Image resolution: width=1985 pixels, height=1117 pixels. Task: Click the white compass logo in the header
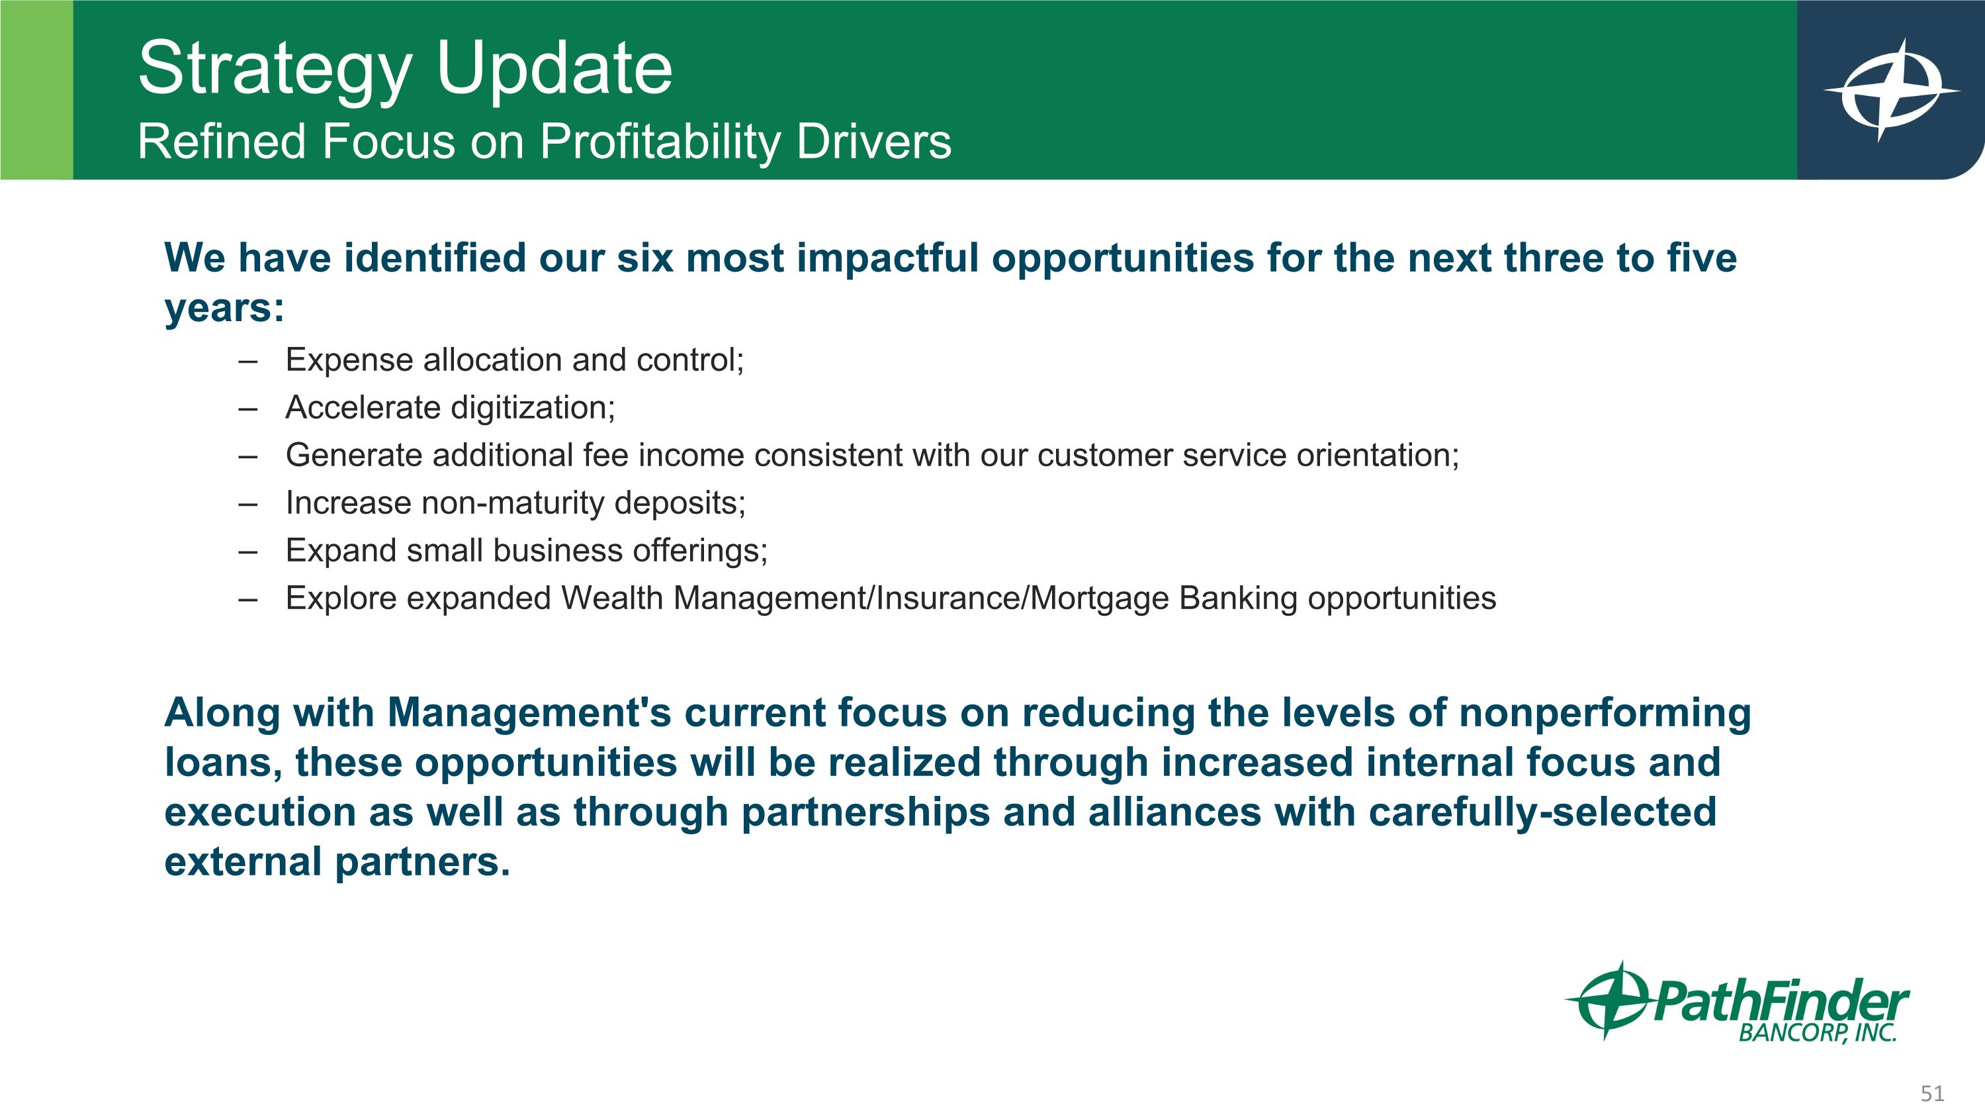coord(1892,90)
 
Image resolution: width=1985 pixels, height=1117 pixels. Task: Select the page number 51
coord(1932,1093)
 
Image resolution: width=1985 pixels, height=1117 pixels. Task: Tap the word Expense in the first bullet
coord(348,361)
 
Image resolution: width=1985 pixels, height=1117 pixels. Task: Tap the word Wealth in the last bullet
coord(612,598)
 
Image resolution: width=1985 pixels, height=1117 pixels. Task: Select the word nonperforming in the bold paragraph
coord(1605,714)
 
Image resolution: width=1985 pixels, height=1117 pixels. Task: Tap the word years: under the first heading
coord(224,309)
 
